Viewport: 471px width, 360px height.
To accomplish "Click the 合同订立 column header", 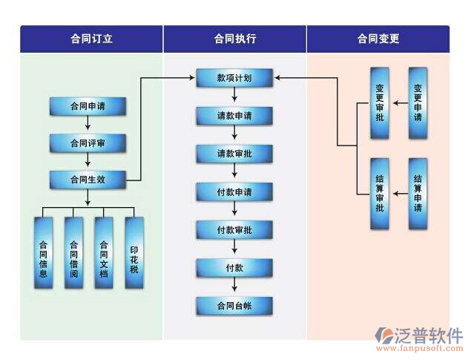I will point(91,39).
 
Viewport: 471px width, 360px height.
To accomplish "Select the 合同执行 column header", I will point(234,39).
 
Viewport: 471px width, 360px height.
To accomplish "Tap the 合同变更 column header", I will point(378,39).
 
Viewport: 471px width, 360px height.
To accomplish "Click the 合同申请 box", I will point(87,107).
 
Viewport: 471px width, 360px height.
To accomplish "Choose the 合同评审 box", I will point(87,143).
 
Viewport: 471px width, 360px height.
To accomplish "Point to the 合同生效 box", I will point(87,179).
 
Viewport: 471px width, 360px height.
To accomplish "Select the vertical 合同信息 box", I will point(44,253).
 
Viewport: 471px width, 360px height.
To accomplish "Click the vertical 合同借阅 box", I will point(73,253).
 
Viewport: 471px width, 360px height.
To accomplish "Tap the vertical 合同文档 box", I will point(104,253).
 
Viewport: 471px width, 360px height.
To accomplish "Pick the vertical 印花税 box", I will point(134,253).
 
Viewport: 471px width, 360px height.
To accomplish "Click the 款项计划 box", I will point(234,77).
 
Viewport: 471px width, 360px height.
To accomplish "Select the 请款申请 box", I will point(234,116).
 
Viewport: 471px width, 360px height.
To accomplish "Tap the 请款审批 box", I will point(234,154).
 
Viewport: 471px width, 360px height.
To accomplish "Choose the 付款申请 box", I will point(234,192).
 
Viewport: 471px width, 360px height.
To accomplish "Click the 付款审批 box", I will point(234,230).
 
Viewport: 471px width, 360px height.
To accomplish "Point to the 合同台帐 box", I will point(234,306).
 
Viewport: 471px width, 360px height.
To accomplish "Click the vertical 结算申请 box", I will point(418,194).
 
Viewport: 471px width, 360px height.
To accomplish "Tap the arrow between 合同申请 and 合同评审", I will point(87,125).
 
